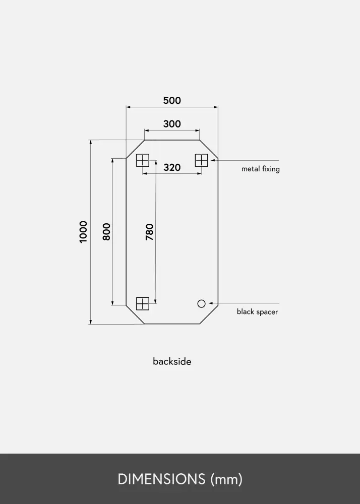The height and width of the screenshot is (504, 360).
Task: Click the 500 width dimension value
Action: click(172, 101)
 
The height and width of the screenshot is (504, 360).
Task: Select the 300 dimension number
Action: click(172, 124)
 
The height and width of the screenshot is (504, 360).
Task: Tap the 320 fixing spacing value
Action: click(172, 167)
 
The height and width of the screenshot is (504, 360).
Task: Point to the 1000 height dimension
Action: click(83, 232)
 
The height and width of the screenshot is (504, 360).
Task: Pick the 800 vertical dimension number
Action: click(106, 232)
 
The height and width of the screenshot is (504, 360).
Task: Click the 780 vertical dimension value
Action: click(149, 232)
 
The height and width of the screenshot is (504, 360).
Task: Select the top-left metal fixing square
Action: click(142, 160)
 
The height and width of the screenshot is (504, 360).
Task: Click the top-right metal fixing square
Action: click(202, 160)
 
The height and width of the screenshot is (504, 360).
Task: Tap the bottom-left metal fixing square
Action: click(143, 303)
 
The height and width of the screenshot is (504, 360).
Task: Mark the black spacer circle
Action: click(201, 303)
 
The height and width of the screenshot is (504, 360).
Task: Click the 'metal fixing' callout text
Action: click(261, 169)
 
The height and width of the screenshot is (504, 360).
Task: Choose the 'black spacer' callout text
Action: click(257, 312)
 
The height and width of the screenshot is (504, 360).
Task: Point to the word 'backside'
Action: click(172, 361)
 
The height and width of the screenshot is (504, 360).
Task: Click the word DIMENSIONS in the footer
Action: click(161, 479)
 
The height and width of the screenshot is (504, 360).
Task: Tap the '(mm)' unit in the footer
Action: click(226, 479)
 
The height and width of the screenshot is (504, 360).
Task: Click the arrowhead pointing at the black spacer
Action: click(211, 303)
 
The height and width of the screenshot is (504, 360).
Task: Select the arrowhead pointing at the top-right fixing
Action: click(211, 160)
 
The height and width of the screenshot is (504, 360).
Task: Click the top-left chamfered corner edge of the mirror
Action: click(135, 149)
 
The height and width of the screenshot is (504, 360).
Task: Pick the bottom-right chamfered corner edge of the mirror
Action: click(209, 314)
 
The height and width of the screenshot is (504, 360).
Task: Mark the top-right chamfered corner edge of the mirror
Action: click(209, 149)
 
